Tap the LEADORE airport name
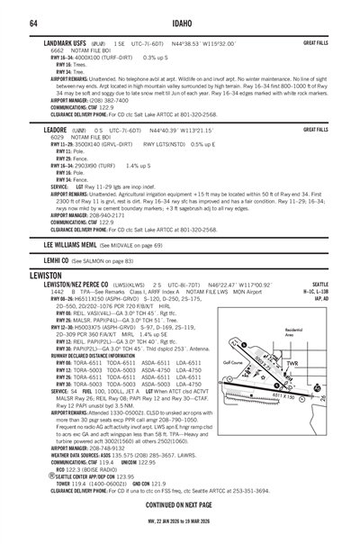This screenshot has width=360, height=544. [x=59, y=130]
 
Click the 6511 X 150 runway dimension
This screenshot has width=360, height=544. [x=298, y=397]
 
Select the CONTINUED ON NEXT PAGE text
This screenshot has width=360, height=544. [x=180, y=503]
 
